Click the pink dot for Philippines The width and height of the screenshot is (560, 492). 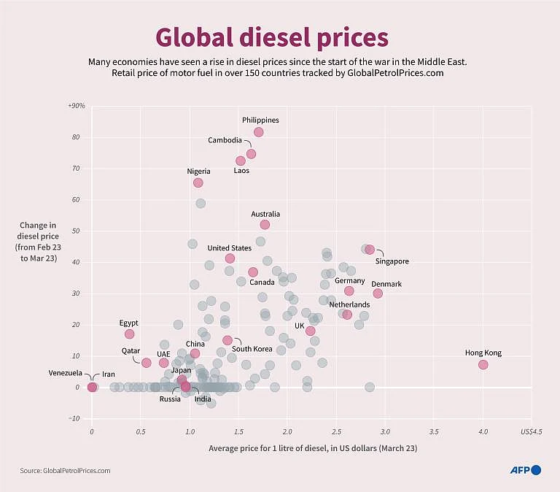coord(259,132)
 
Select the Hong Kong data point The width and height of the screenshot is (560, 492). coord(483,364)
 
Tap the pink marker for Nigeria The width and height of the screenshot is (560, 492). coord(198,182)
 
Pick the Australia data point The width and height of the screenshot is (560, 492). coord(265,224)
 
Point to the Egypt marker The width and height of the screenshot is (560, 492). coord(129,334)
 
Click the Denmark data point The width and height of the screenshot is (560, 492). coord(378,293)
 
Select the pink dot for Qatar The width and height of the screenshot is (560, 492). coord(146,363)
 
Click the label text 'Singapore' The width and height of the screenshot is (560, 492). coord(392,261)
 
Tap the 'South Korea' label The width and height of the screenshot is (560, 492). coord(252,349)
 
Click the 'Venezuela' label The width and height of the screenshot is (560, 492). coord(66,373)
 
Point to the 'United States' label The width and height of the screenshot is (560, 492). coord(229,248)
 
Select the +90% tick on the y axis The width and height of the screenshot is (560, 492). coord(76,106)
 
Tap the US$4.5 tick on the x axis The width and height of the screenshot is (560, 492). coord(532,432)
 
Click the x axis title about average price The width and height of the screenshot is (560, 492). coord(312,447)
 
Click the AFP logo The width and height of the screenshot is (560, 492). coord(525,471)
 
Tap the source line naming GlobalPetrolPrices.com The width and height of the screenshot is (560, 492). coord(65,471)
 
